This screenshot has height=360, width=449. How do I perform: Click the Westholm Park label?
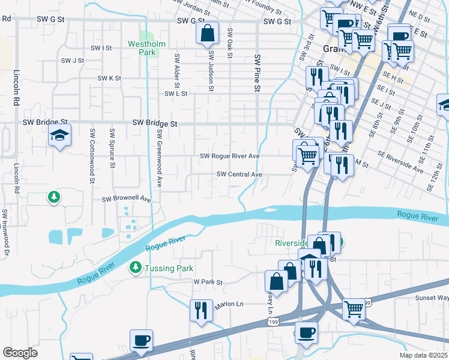pyautogui.click(x=142, y=48)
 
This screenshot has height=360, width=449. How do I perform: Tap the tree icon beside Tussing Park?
pyautogui.click(x=136, y=268)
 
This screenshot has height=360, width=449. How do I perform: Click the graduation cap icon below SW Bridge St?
pyautogui.click(x=60, y=136)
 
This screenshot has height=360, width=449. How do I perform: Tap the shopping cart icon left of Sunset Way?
pyautogui.click(x=354, y=310)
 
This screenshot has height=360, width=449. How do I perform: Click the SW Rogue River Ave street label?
pyautogui.click(x=229, y=157)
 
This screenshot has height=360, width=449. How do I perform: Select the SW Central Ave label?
pyautogui.click(x=240, y=175)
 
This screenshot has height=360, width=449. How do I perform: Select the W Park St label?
pyautogui.click(x=208, y=281)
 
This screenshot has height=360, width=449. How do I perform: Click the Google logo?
pyautogui.click(x=20, y=353)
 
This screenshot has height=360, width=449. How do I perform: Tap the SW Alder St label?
pyautogui.click(x=177, y=71)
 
